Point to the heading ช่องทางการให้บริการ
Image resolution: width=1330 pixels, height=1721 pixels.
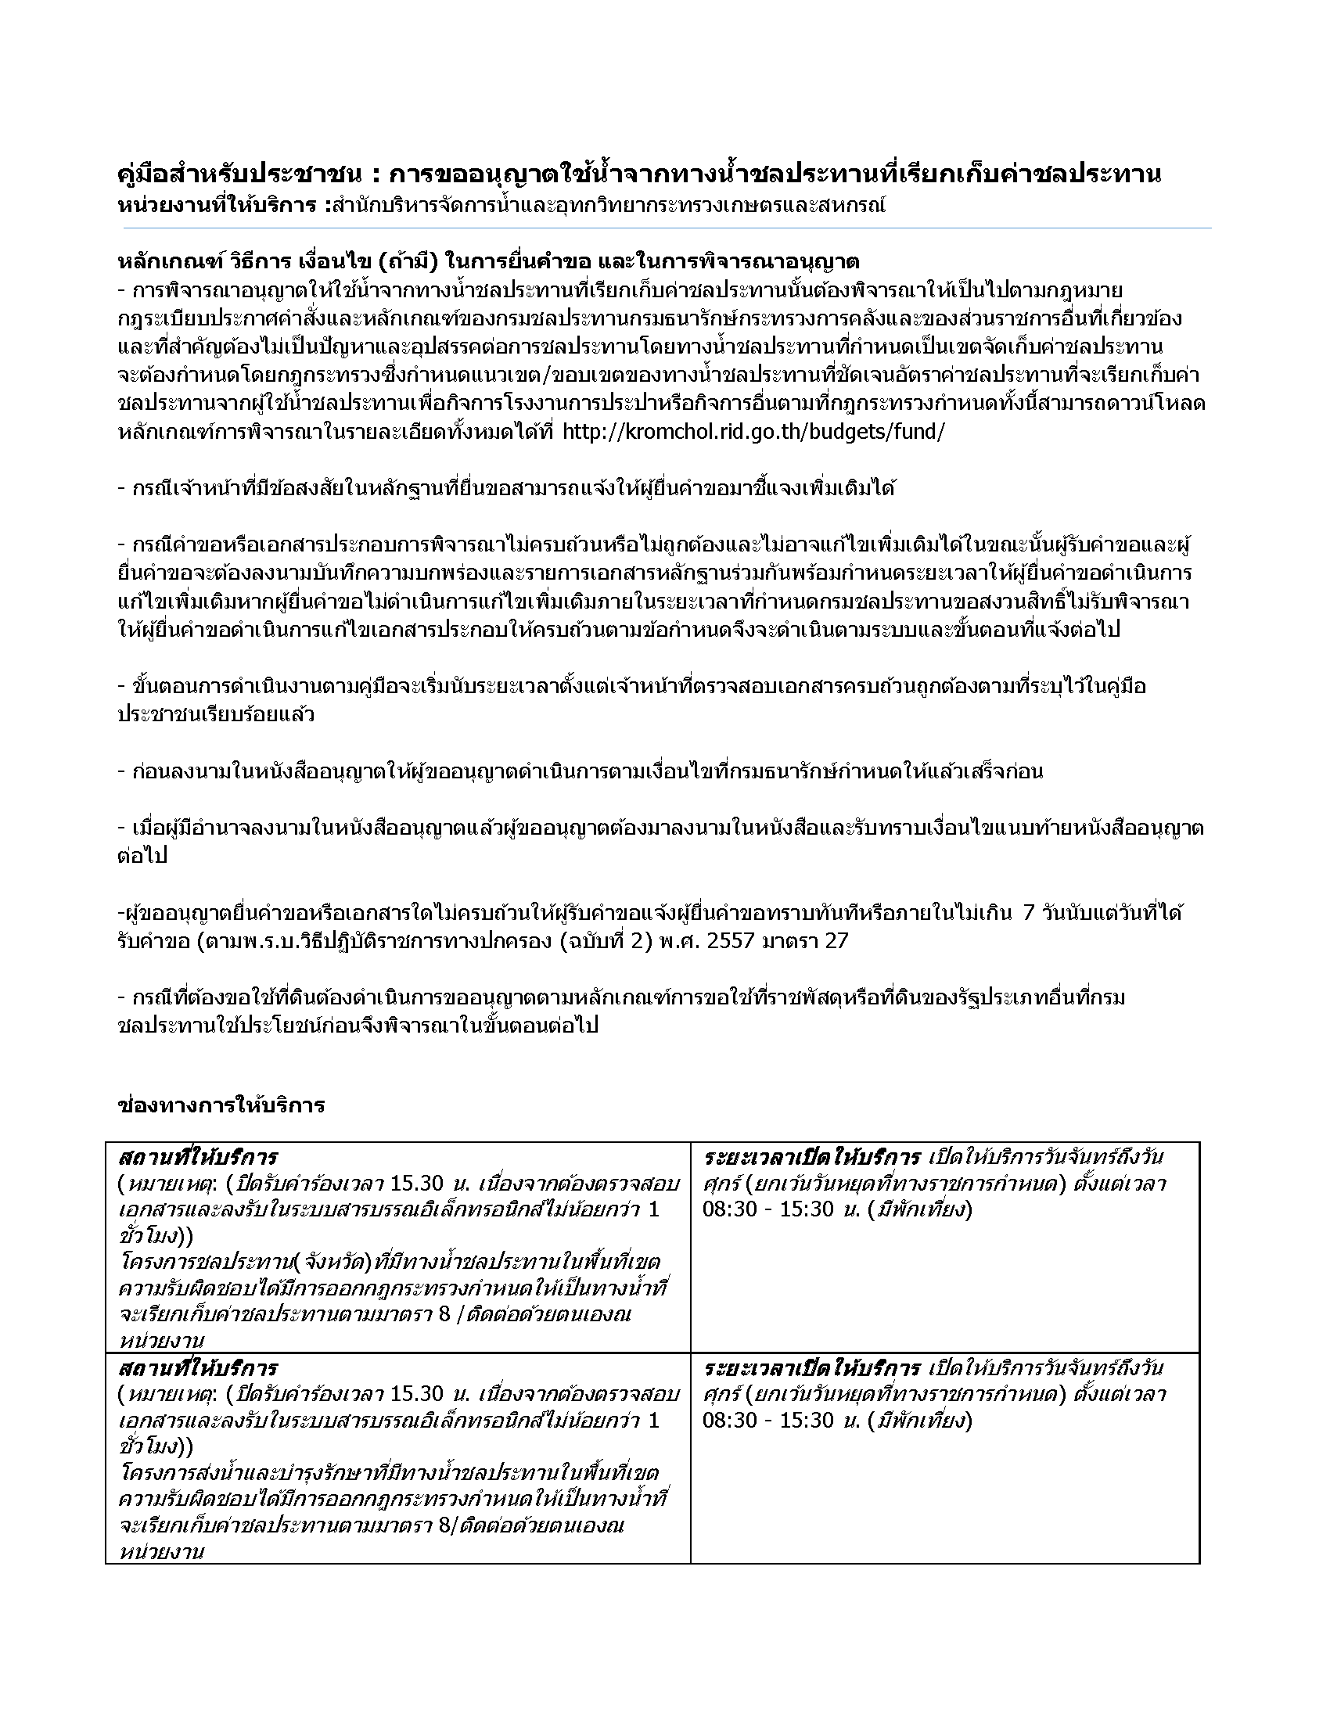pos(221,1105)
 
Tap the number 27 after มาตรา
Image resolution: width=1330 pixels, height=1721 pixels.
pos(836,941)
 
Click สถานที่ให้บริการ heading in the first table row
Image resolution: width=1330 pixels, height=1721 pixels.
pos(198,1158)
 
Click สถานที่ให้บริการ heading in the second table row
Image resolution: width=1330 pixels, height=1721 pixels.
pos(198,1367)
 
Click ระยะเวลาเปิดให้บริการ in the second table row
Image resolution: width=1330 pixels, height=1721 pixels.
pos(811,1367)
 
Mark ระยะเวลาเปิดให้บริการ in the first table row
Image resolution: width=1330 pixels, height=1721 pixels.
pos(811,1158)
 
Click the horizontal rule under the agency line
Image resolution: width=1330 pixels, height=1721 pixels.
pos(665,228)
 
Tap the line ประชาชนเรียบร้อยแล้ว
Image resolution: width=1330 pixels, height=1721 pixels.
pos(216,715)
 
